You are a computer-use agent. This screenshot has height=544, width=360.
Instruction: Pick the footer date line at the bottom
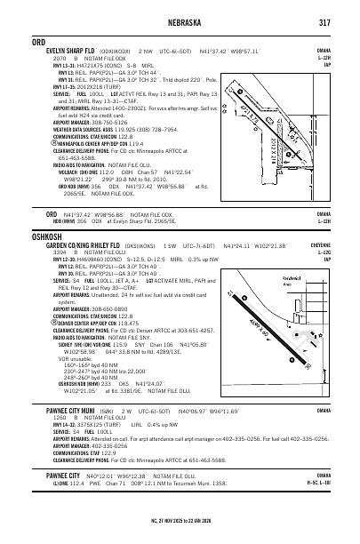click(x=180, y=537)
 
